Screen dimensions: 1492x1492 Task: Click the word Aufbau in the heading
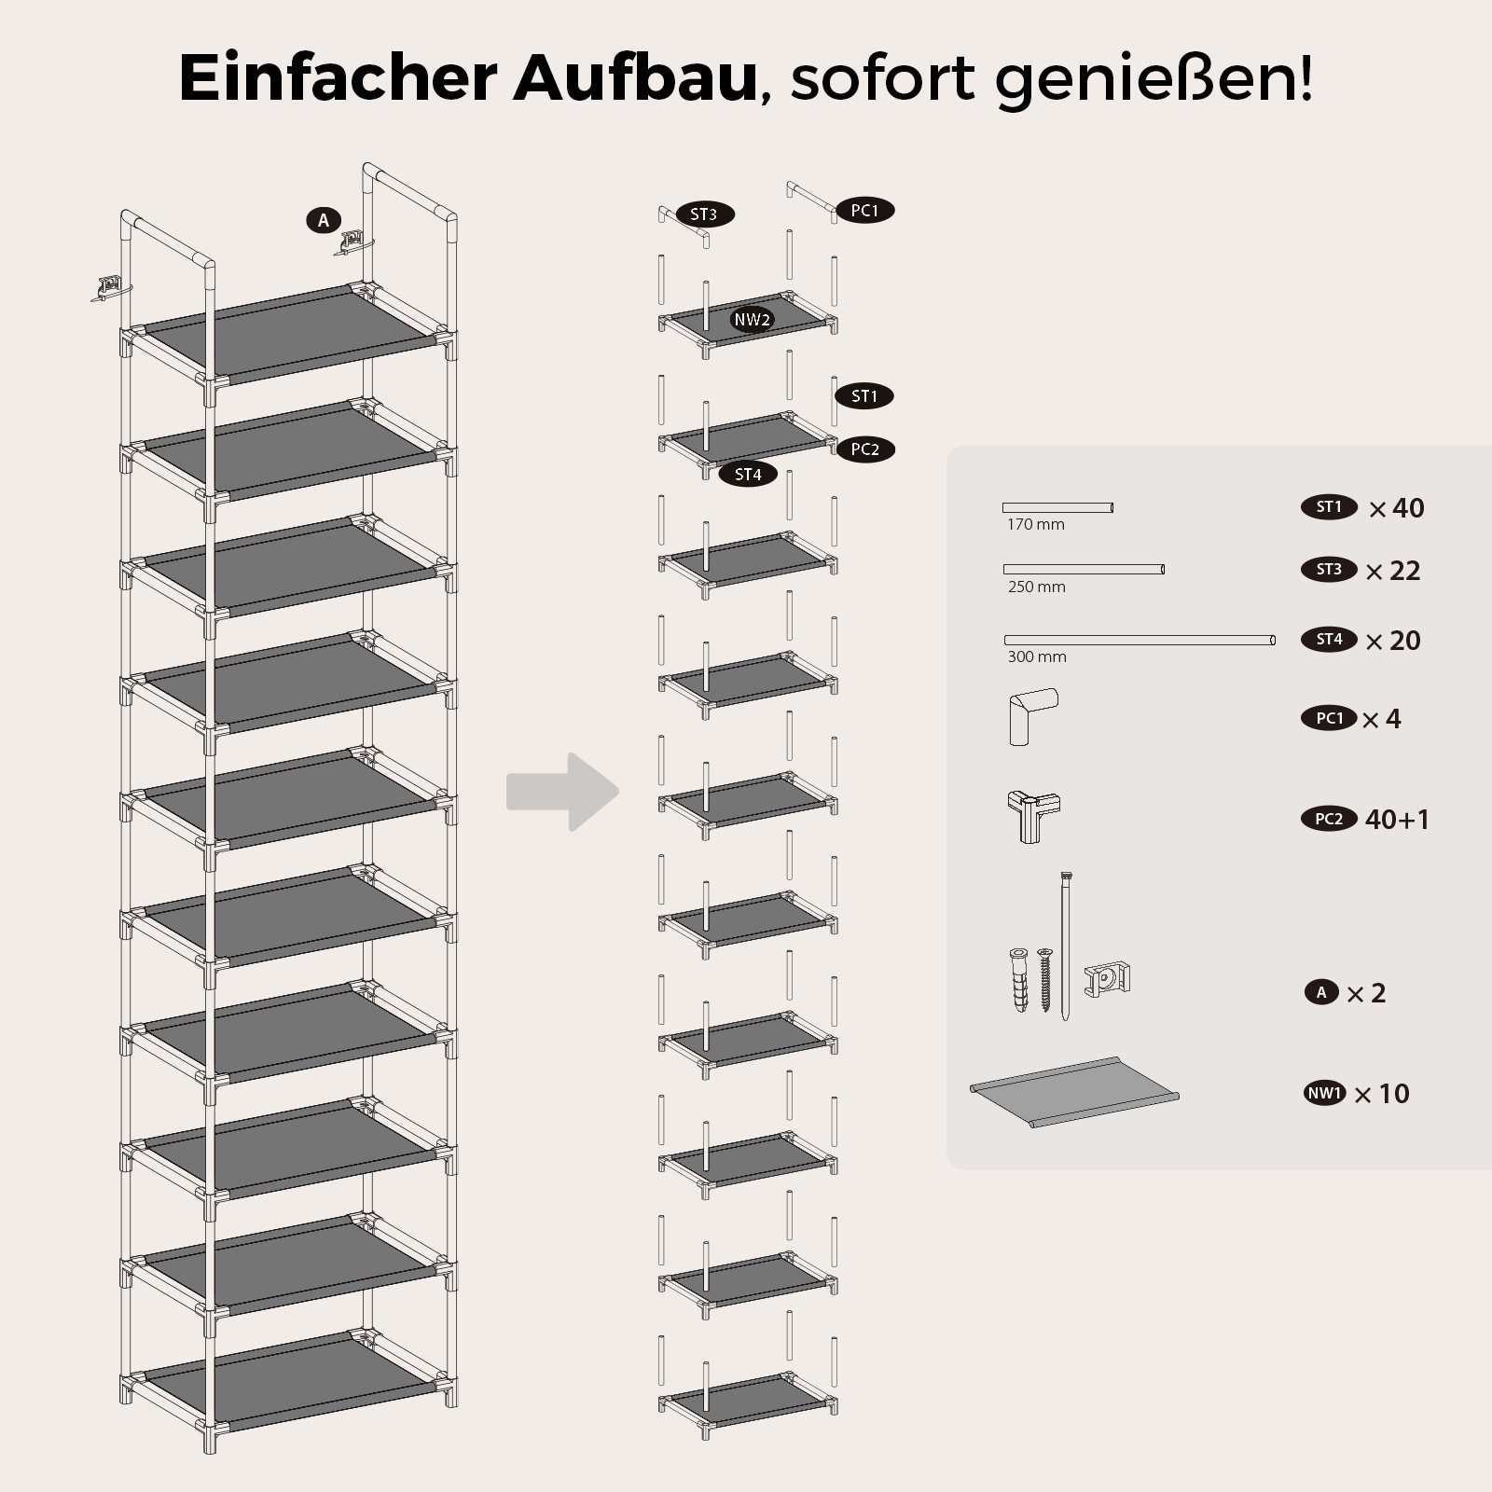tap(634, 78)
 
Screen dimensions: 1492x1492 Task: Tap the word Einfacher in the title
tap(338, 78)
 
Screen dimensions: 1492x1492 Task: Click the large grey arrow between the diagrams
tap(563, 792)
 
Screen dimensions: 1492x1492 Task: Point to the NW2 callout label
tap(753, 320)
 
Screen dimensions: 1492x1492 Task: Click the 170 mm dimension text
tap(1035, 525)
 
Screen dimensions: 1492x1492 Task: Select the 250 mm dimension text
tap(1036, 587)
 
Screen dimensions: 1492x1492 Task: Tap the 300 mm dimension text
tap(1037, 657)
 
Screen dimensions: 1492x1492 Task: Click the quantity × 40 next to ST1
tap(1396, 508)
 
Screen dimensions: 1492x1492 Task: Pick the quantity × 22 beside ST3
tap(1392, 571)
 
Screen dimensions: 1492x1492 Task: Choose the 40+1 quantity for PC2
tap(1397, 820)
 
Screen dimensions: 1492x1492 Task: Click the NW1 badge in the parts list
tap(1325, 1093)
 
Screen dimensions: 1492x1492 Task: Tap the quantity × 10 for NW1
tap(1381, 1094)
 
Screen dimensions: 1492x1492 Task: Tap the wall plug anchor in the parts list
tap(1018, 981)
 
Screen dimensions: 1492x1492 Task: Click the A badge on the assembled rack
tap(324, 221)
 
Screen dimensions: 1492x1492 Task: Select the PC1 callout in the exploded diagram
tap(864, 211)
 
